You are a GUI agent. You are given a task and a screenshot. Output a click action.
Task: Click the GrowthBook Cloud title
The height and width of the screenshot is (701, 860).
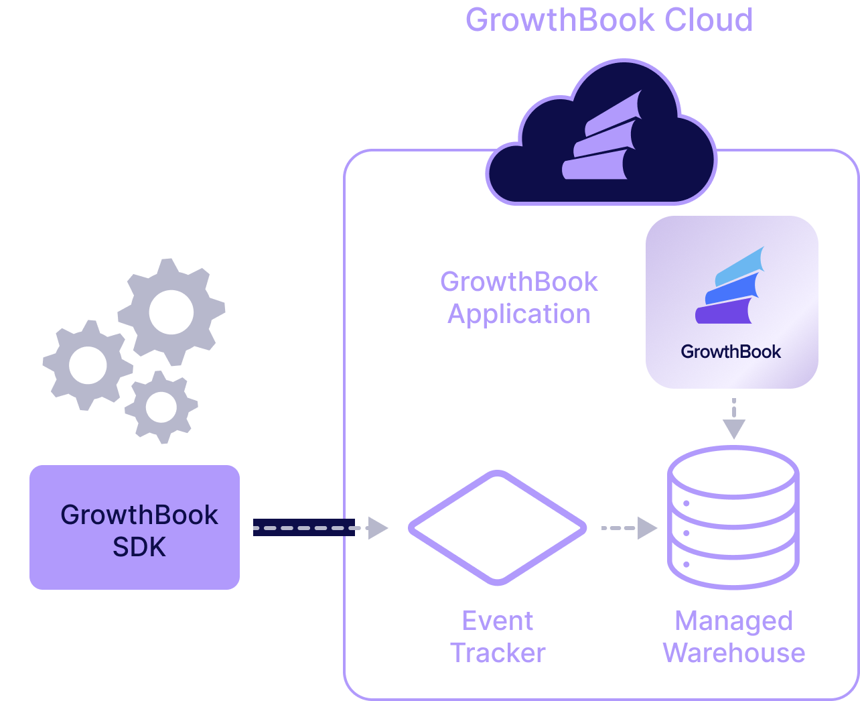click(609, 20)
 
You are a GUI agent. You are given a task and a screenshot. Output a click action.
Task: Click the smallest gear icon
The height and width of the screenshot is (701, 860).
click(161, 407)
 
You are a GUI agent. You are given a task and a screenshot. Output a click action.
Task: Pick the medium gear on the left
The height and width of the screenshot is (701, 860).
click(87, 365)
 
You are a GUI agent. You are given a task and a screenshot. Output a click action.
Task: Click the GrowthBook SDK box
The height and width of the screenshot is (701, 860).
click(135, 527)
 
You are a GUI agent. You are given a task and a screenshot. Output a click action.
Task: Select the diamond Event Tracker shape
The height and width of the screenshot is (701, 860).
click(498, 528)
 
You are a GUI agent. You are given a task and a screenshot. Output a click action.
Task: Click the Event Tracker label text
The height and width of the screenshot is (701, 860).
click(498, 637)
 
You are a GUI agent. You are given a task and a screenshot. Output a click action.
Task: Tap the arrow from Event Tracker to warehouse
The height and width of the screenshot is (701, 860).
click(628, 528)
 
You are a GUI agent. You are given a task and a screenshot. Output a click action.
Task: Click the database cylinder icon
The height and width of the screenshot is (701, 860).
click(733, 517)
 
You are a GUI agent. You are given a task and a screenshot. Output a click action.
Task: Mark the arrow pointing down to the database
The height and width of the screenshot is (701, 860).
click(734, 420)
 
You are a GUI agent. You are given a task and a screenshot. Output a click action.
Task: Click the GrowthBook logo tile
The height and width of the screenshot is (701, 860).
click(731, 302)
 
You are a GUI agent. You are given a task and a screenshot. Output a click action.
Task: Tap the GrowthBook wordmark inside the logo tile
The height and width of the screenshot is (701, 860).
click(731, 352)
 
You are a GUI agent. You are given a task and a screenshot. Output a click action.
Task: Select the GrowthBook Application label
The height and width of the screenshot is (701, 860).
click(519, 298)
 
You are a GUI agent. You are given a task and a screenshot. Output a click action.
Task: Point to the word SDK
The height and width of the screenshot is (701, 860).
click(139, 548)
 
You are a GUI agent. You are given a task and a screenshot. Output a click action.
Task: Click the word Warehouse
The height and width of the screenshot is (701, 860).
click(733, 653)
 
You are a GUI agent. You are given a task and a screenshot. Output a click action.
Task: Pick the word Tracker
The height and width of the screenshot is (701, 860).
click(498, 653)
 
